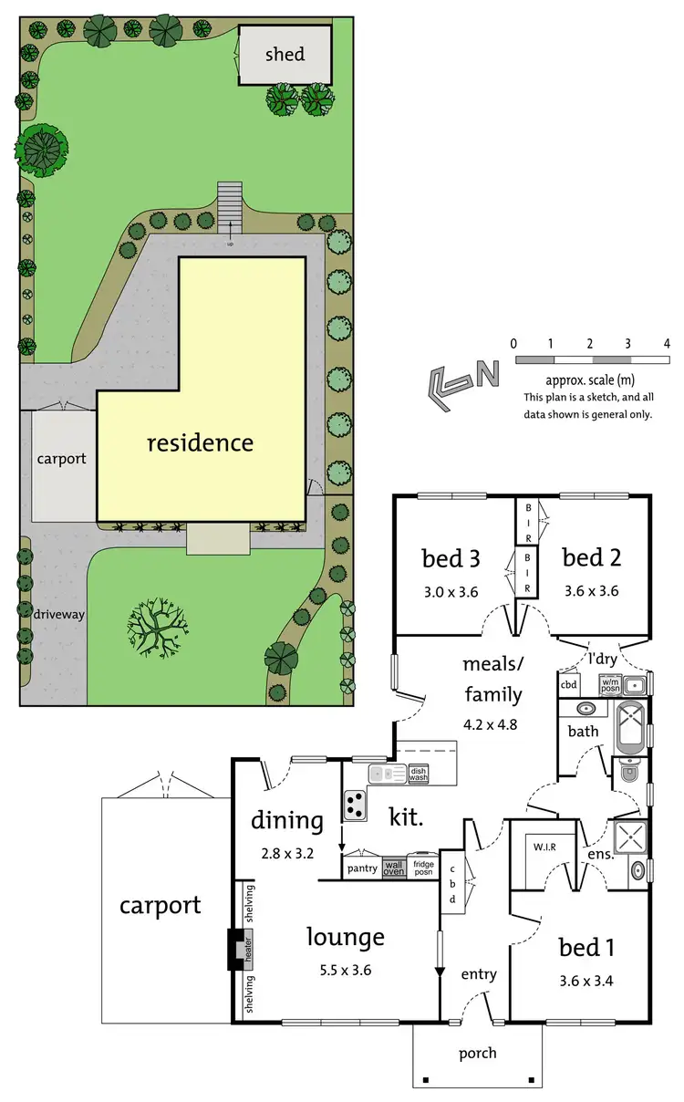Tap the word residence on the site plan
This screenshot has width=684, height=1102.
[x=201, y=443]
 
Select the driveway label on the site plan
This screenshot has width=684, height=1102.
[x=60, y=614]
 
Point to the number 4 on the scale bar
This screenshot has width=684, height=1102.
[x=668, y=344]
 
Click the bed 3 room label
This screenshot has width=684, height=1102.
[x=451, y=557]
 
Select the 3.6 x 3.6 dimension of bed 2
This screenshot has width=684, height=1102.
[x=590, y=590]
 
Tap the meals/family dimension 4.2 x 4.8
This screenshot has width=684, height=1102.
[x=492, y=728]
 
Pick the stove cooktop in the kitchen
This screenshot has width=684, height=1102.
[x=354, y=803]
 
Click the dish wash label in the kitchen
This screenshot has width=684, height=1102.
[x=419, y=774]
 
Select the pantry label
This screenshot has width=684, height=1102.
[x=362, y=868]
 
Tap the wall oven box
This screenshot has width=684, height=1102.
[x=393, y=868]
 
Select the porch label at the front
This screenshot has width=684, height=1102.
[x=478, y=1053]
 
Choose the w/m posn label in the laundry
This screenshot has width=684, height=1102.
[x=610, y=683]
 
